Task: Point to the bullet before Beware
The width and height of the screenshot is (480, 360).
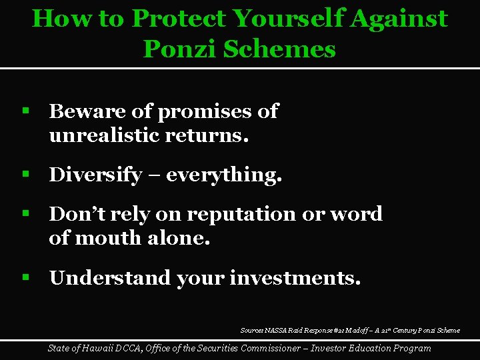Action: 26,111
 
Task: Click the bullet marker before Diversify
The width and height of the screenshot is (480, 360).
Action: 26,175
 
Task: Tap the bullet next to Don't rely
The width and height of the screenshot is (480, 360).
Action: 26,213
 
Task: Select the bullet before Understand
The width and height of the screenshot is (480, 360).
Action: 26,277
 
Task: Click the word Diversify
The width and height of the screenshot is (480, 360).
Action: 95,175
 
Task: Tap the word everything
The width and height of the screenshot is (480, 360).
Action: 223,175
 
